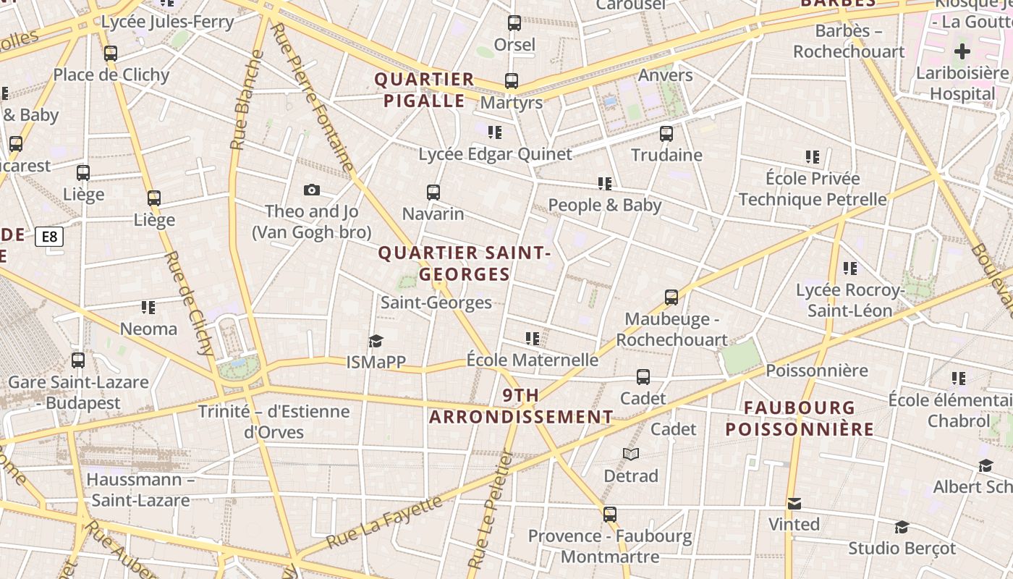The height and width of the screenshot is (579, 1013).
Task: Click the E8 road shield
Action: [49, 237]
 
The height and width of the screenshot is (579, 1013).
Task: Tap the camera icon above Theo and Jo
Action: [312, 190]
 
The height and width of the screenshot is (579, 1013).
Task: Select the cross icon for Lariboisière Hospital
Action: [962, 51]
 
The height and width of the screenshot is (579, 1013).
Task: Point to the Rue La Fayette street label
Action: [383, 523]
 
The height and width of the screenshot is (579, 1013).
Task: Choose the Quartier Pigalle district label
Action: [424, 90]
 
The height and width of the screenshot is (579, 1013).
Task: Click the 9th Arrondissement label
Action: [521, 406]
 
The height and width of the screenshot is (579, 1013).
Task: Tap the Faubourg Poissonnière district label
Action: [800, 418]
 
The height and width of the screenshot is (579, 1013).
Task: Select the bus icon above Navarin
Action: [433, 193]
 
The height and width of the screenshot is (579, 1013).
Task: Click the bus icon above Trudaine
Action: [666, 134]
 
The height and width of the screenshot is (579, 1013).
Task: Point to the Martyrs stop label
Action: [512, 103]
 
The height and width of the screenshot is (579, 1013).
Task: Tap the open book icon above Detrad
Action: [631, 454]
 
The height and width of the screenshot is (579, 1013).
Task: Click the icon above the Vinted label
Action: [794, 504]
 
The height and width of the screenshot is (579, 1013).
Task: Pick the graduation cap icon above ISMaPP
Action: [376, 341]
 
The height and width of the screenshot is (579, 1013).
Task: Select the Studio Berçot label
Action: [902, 548]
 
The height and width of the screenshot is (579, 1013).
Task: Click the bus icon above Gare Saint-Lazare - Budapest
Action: [78, 360]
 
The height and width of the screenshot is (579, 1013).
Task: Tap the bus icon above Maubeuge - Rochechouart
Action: [671, 297]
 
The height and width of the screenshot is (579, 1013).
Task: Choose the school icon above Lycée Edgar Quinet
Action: [495, 132]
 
